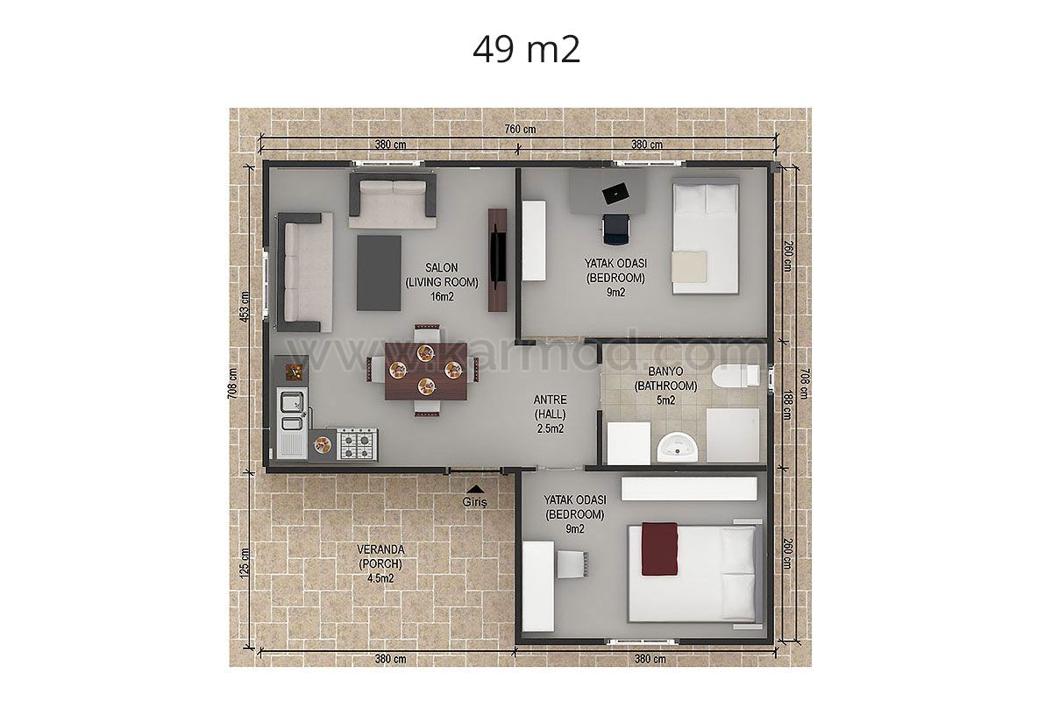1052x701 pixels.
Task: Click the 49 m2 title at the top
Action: coord(527,50)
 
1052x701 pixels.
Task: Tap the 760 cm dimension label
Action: coord(520,129)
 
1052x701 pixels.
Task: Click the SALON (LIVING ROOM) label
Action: coord(442,274)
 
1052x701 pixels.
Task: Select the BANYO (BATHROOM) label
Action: coord(665,379)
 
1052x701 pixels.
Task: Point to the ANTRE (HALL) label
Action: coord(550,407)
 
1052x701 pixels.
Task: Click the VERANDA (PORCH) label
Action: coord(380,556)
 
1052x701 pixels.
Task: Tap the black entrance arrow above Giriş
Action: coord(475,489)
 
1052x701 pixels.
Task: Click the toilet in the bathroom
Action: coord(736,376)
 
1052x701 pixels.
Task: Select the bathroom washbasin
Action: coord(677,447)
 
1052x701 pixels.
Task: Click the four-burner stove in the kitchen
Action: coord(358,443)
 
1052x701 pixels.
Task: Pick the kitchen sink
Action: coord(292,410)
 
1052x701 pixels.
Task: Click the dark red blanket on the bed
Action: coord(660,549)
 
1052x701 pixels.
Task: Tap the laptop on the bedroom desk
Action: coord(615,193)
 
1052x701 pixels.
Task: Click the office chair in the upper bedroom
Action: coord(615,229)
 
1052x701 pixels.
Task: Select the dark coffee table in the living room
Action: coord(379,273)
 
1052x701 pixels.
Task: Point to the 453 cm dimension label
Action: coord(245,307)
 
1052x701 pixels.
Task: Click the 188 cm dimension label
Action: coord(786,405)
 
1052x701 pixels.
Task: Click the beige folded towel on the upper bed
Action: coord(689,266)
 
